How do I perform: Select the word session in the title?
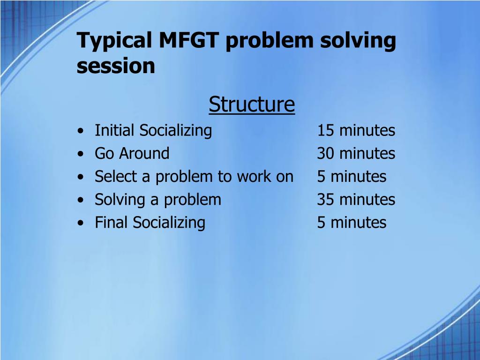116,66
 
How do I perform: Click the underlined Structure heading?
252,105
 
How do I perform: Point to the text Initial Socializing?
153,131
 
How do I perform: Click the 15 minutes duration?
356,130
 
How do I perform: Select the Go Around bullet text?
132,153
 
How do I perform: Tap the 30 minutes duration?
356,153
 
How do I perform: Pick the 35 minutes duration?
356,199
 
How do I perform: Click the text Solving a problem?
158,200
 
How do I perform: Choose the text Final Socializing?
150,223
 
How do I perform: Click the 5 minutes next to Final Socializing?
352,222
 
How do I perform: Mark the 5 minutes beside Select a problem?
352,176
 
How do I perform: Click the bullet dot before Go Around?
81,154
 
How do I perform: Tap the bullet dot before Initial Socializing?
81,131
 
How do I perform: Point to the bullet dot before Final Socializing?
81,223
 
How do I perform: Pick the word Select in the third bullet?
116,176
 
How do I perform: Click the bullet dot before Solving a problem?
81,200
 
